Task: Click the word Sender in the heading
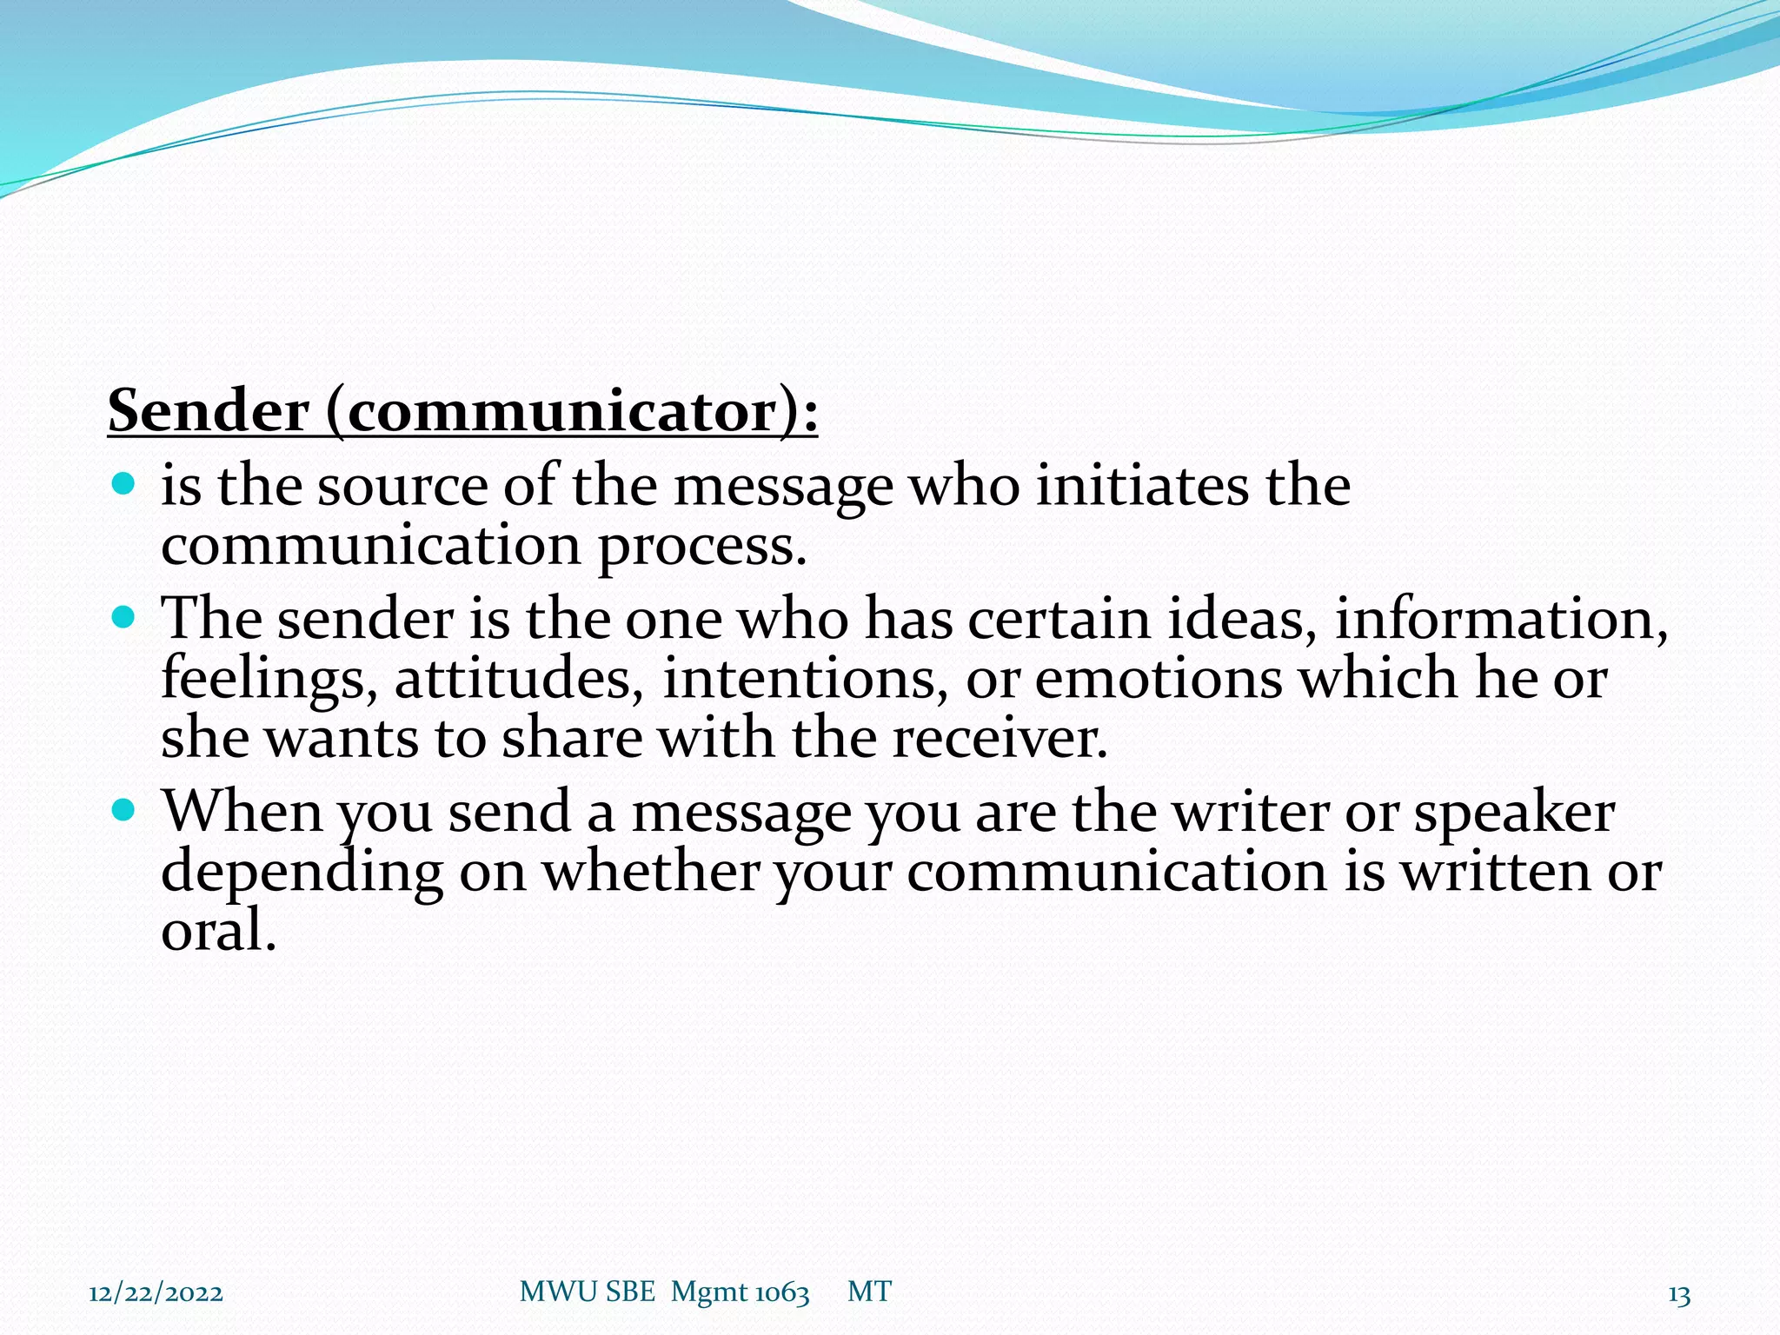coord(209,411)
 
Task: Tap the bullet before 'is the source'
coord(125,483)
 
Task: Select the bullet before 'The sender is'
coord(125,618)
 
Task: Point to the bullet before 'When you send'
coord(125,811)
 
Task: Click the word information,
coord(1501,620)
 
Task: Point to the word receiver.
coord(1000,739)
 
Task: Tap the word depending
coord(302,873)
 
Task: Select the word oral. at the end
coord(218,931)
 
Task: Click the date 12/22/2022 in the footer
coord(156,1293)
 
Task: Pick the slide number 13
coord(1679,1295)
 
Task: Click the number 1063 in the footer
coord(781,1293)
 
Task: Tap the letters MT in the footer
coord(869,1292)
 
